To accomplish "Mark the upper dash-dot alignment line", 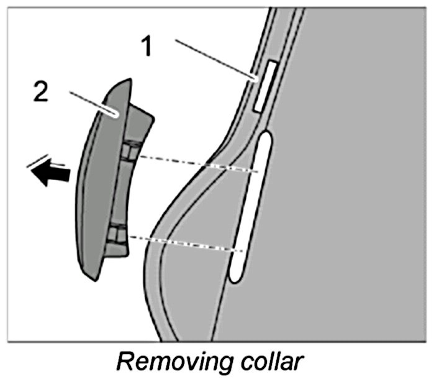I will tap(199, 163).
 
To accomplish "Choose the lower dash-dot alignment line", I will tap(186, 243).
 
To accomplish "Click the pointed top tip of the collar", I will tap(129, 80).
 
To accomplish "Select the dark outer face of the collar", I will tap(93, 186).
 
